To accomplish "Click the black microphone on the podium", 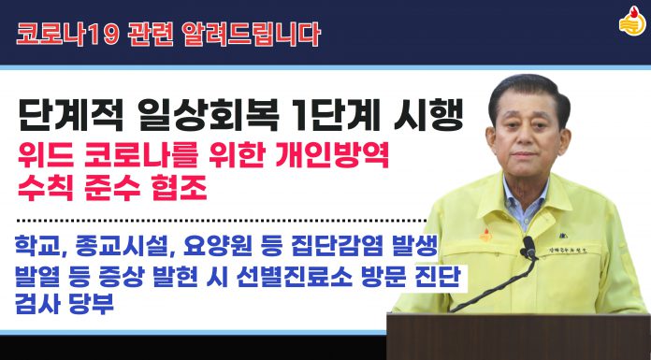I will (x=528, y=247).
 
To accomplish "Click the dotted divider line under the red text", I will (x=215, y=221).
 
